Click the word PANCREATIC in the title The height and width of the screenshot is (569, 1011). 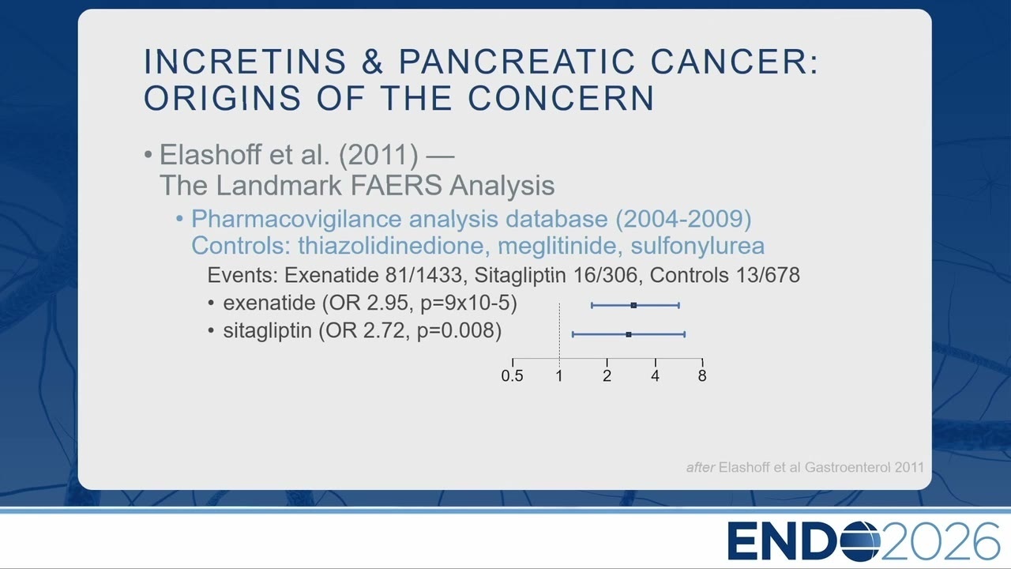517,62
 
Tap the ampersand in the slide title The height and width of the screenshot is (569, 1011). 372,62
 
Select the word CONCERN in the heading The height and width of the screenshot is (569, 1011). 561,98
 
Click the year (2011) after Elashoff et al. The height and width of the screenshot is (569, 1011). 378,155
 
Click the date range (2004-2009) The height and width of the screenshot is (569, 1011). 683,219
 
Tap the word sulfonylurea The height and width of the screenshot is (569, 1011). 697,247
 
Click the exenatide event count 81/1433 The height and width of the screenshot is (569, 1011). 423,275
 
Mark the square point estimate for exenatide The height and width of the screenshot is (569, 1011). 633,306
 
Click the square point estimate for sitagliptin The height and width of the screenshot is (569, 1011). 629,334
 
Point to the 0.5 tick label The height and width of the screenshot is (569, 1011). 513,375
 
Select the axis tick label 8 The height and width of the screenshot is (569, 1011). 702,375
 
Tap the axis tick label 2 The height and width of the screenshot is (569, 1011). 607,375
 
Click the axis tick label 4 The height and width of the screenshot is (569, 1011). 656,375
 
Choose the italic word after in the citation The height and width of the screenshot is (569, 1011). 701,467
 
